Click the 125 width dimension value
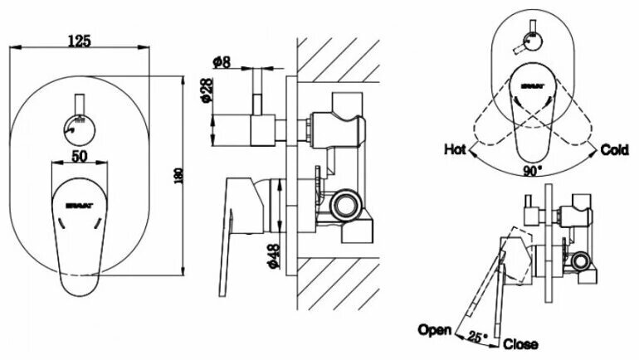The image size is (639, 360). pos(79,40)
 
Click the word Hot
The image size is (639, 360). pos(454,150)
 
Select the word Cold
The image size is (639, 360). pos(615,150)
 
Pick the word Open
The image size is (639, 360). pos(435,329)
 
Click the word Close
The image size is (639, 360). pos(520,343)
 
